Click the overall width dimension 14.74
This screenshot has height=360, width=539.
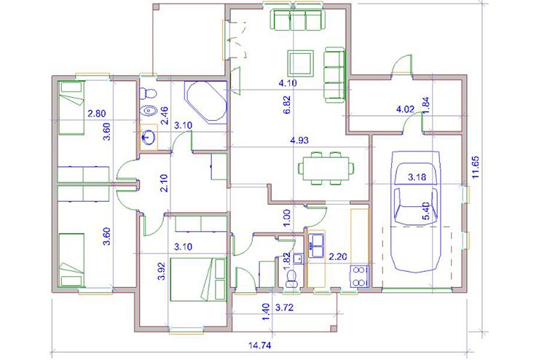259,345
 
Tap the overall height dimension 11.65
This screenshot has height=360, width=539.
476,167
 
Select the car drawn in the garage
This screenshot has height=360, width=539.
417,211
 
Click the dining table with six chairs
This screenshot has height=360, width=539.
326,168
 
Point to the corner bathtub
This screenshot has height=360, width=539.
206,101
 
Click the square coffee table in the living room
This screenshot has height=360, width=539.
300,63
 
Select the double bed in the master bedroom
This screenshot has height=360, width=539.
198,280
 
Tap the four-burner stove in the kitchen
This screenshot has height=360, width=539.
359,276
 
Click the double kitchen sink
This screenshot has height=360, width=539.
316,245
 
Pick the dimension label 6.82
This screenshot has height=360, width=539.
288,104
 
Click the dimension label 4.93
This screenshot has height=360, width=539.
299,141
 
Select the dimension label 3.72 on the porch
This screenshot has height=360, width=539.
285,308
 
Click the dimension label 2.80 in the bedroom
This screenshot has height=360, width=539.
97,113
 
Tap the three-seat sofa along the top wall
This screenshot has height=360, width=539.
299,20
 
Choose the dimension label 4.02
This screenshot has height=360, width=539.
405,109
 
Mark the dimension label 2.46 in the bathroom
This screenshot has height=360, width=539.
165,115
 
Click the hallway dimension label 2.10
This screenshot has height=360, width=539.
164,183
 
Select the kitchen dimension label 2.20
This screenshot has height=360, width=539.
338,257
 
